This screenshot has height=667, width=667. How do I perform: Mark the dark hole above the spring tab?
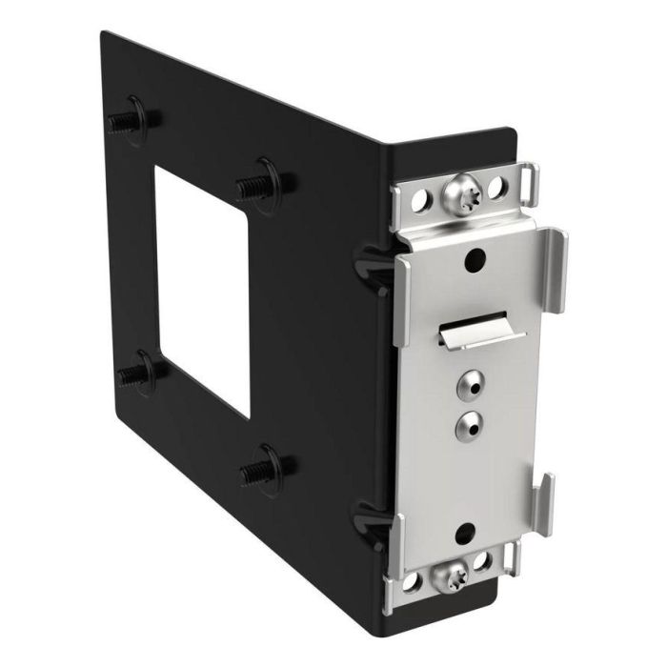(474, 260)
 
